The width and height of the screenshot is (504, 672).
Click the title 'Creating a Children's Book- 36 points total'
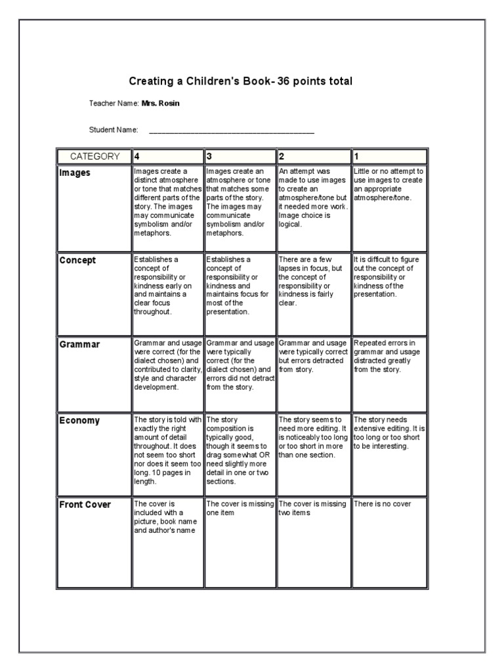[240, 81]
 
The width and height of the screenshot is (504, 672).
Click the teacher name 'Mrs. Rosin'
[161, 104]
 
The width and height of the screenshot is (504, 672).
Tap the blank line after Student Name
[232, 131]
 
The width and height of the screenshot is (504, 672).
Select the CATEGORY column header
[94, 157]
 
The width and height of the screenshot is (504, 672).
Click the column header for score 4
[168, 157]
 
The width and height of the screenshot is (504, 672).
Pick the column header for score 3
[240, 157]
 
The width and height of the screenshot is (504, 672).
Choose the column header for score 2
[314, 157]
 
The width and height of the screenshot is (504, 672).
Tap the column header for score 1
[389, 157]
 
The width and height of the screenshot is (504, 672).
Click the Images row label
[75, 173]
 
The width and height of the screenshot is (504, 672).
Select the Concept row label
[77, 261]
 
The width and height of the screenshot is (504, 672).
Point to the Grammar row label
[79, 345]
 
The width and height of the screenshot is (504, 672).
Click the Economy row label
[79, 421]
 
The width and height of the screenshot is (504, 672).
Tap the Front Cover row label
[85, 505]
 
